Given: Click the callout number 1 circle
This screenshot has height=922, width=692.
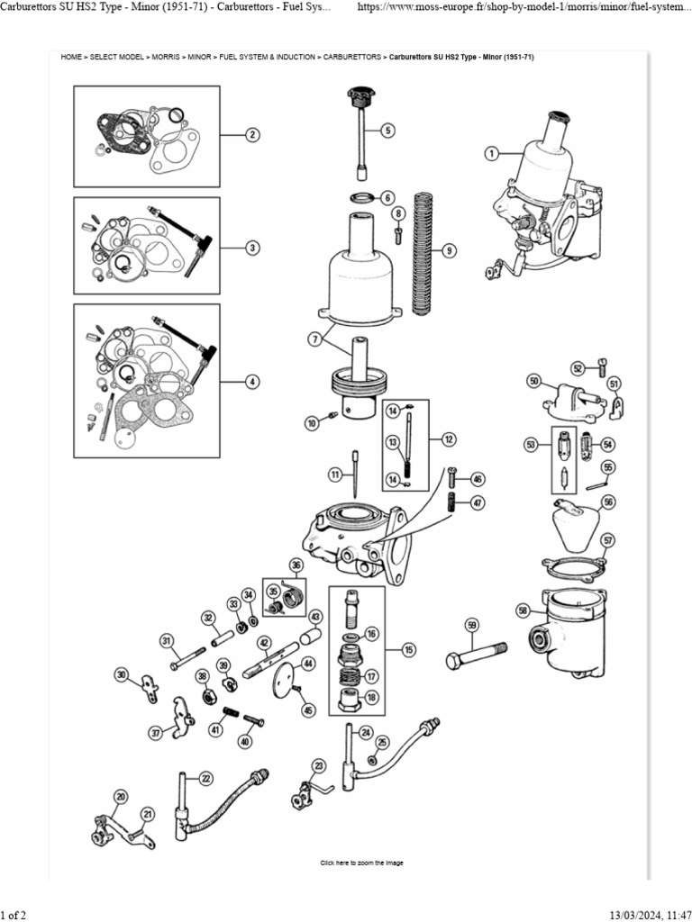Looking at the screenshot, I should pyautogui.click(x=491, y=153).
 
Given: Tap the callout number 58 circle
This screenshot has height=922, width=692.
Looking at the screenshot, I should pyautogui.click(x=524, y=610).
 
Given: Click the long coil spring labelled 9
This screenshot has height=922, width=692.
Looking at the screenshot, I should pyautogui.click(x=422, y=252).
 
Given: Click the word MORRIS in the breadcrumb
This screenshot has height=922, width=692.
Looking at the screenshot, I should pyautogui.click(x=165, y=57).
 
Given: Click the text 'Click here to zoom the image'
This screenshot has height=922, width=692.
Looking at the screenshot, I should pyautogui.click(x=361, y=863).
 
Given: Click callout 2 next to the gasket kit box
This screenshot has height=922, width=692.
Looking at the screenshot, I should pyautogui.click(x=253, y=135).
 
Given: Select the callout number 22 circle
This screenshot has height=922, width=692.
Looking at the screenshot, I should pyautogui.click(x=205, y=778).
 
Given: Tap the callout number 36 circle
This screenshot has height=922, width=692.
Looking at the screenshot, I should pyautogui.click(x=295, y=565).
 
